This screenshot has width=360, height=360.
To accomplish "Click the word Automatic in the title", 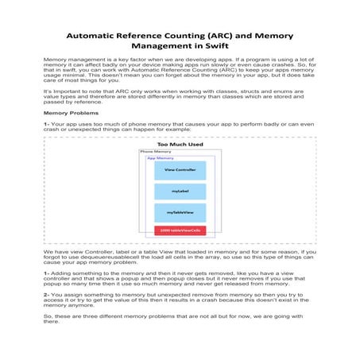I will coord(92,37).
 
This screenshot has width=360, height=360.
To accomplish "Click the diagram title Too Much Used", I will coord(180,144).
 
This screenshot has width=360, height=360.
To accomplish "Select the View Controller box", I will coord(180,170).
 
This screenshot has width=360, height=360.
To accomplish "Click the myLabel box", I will coord(180,192).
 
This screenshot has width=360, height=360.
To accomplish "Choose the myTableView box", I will coord(180,213).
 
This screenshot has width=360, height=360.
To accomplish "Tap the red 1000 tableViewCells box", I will coord(180,230).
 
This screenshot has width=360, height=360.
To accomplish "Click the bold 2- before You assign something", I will coord(46,293).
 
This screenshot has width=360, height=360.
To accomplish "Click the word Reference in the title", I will coord(136,37).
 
